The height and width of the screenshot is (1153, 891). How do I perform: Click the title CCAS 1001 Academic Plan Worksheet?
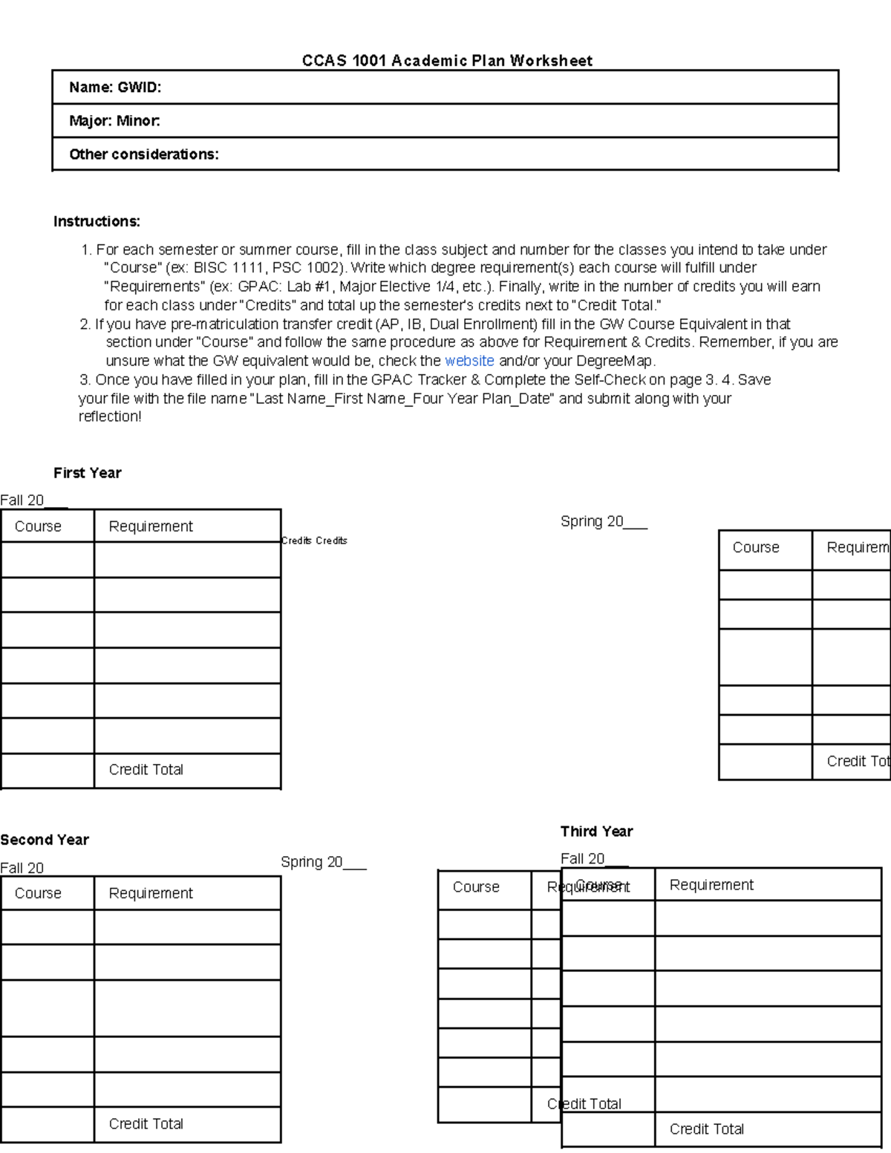pyautogui.click(x=447, y=61)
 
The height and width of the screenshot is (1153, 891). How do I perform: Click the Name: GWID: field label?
pyautogui.click(x=115, y=88)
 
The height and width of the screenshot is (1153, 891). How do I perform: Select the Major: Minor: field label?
pyautogui.click(x=114, y=121)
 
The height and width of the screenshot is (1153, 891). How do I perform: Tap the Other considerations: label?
pyautogui.click(x=144, y=154)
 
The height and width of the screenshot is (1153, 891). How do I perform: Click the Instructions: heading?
pyautogui.click(x=97, y=221)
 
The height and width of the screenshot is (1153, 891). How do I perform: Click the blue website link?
pyautogui.click(x=469, y=361)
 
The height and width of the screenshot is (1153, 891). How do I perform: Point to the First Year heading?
pyautogui.click(x=87, y=473)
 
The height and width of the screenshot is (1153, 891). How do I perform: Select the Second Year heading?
pyautogui.click(x=45, y=840)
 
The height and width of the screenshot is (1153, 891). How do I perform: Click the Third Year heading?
pyautogui.click(x=596, y=832)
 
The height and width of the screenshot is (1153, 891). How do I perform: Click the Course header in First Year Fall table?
pyautogui.click(x=38, y=526)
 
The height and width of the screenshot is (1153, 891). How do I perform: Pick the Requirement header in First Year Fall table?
pyautogui.click(x=151, y=526)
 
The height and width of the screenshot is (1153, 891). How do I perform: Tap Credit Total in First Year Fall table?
pyautogui.click(x=146, y=770)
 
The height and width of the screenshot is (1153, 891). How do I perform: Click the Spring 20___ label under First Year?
pyautogui.click(x=604, y=522)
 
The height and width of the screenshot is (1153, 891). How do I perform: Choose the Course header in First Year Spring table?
pyautogui.click(x=756, y=548)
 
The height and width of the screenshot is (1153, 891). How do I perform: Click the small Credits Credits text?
pyautogui.click(x=314, y=541)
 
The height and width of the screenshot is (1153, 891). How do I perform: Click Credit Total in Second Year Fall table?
pyautogui.click(x=146, y=1124)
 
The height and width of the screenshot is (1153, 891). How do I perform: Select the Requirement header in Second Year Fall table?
pyautogui.click(x=151, y=893)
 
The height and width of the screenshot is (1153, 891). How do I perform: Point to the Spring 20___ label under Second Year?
pyautogui.click(x=323, y=862)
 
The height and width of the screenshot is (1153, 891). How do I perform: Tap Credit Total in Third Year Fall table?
pyautogui.click(x=706, y=1129)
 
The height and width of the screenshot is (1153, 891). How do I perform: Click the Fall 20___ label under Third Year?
pyautogui.click(x=594, y=859)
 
